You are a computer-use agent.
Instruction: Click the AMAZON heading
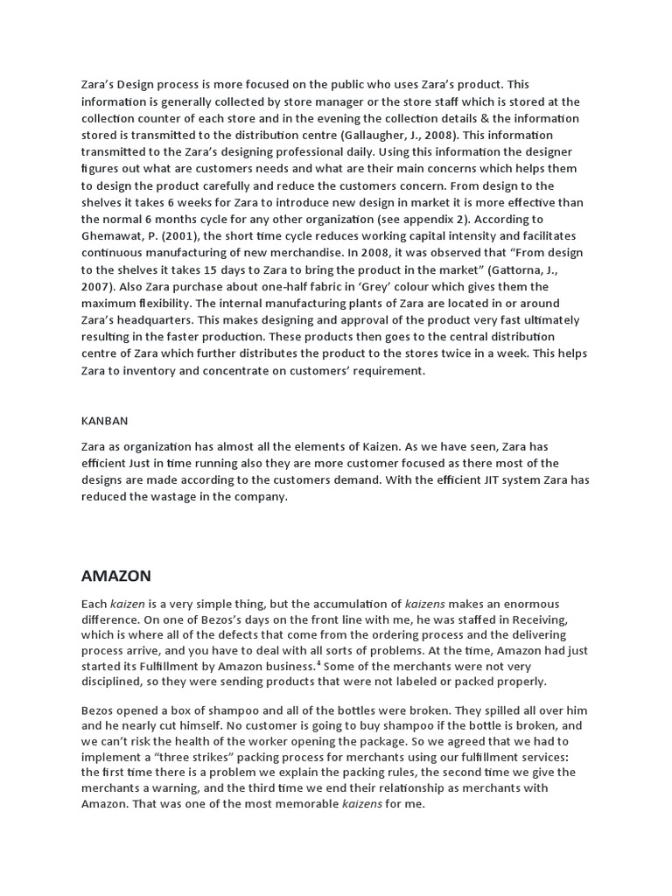tap(115, 576)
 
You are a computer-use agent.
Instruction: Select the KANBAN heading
tap(104, 420)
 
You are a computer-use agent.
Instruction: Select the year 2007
tap(95, 286)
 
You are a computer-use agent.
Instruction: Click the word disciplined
tap(115, 682)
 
